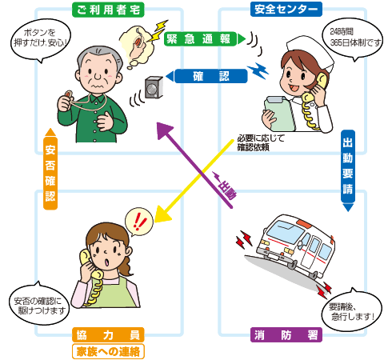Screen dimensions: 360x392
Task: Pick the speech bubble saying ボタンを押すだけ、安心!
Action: [x=37, y=38]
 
